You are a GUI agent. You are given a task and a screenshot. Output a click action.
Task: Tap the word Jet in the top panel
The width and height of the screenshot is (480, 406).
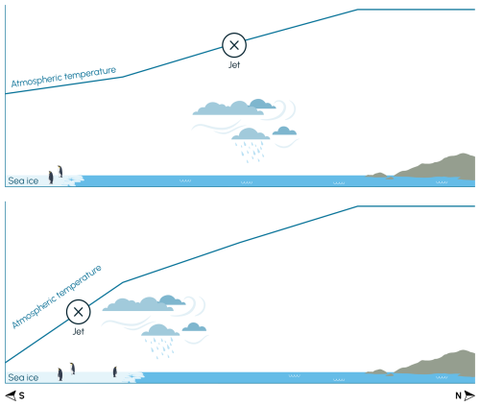234,64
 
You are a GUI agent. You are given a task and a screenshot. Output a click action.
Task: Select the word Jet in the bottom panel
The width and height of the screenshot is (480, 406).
79,331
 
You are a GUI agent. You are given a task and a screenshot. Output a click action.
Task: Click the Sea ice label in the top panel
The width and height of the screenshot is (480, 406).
23,180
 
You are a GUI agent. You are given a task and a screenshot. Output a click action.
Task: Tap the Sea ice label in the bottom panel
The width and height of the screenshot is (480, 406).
23,377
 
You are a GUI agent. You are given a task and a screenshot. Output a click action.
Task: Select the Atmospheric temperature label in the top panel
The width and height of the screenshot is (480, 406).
63,77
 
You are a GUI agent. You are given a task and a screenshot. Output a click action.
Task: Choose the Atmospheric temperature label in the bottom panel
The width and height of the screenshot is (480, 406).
57,297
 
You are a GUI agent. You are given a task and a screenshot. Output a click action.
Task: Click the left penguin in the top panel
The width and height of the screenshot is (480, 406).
51,178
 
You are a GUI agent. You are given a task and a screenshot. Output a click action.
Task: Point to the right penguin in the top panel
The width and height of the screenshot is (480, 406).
60,171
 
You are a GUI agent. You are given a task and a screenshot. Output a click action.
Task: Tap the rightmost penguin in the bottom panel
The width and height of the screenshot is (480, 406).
115,371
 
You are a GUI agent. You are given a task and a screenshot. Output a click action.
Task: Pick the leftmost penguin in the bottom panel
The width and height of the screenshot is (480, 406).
60,374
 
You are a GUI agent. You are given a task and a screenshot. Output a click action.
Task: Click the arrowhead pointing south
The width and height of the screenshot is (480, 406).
11,395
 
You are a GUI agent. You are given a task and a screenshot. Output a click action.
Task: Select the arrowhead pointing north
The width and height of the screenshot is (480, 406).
469,395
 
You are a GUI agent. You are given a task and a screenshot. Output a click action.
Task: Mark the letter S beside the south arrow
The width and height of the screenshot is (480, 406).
21,395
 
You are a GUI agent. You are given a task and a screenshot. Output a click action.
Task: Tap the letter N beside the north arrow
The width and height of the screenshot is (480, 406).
458,395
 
